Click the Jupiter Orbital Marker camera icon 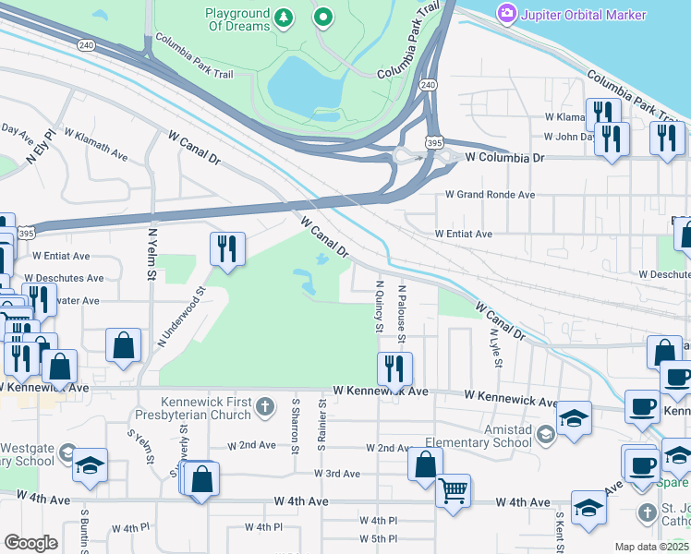coord(506,13)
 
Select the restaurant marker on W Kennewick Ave coord(394,369)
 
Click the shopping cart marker coord(453,490)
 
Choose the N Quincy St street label coord(379,306)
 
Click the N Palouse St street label coord(402,313)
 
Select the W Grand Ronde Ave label coord(490,195)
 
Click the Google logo coord(30,542)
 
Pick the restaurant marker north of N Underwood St coord(226,248)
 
